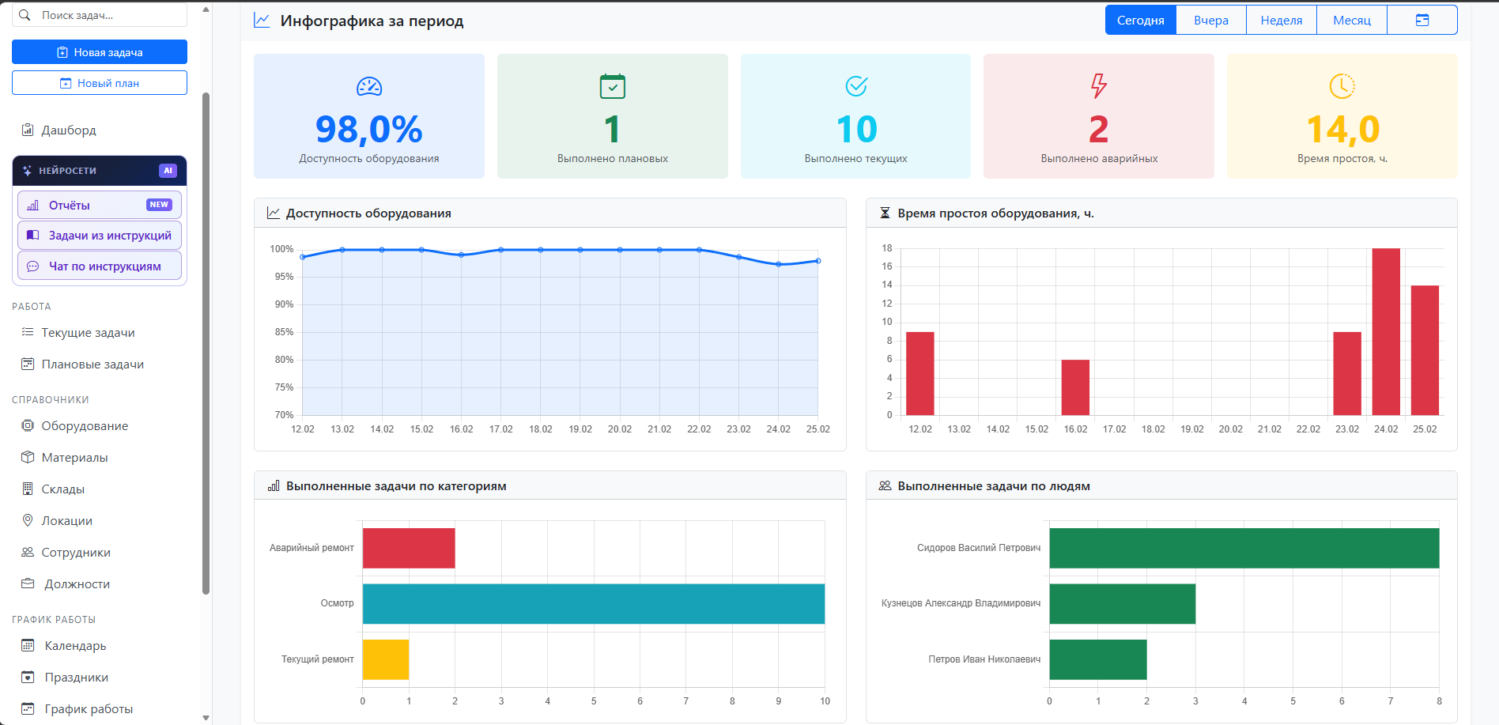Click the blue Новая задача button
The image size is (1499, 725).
point(100,52)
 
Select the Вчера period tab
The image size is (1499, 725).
point(1211,21)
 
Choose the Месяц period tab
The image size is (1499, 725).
point(1352,21)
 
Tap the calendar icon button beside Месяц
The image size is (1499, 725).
point(1422,21)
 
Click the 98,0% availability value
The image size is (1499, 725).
point(369,130)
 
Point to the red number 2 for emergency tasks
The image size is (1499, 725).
point(1099,130)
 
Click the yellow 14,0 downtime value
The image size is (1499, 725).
point(1342,130)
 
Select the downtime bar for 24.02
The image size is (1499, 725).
point(1386,332)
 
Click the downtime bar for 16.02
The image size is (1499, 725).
point(1075,387)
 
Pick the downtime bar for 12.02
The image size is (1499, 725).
point(920,373)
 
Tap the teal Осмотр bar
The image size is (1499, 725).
point(594,604)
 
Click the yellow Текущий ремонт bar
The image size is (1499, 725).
point(386,659)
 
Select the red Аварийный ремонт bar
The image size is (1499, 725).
point(409,548)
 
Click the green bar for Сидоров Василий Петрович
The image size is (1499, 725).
point(1244,548)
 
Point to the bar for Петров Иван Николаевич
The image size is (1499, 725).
point(1098,659)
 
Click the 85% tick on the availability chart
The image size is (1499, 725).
point(284,332)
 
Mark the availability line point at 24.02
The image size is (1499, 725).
point(779,264)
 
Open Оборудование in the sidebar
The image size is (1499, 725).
point(85,426)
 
